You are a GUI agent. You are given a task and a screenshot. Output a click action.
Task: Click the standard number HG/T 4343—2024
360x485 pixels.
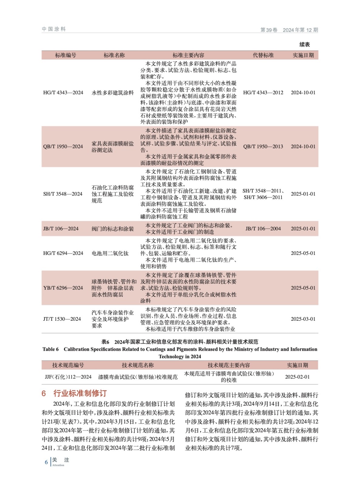63,92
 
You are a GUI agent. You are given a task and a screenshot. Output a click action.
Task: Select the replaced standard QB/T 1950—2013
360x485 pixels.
263,146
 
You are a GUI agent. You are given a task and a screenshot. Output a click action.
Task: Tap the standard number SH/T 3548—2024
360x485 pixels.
63,194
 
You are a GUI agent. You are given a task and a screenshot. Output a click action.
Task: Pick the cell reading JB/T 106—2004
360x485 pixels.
263,229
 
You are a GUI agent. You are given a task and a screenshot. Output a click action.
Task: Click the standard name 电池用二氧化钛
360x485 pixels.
110,253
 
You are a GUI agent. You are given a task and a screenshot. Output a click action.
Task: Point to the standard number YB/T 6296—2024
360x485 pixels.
63,288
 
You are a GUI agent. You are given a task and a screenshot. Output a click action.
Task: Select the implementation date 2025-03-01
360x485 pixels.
303,319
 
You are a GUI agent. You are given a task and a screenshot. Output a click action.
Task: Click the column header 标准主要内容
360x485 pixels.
188,55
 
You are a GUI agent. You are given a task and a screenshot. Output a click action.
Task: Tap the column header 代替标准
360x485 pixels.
263,55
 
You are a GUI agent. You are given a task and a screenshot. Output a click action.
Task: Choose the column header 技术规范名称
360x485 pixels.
138,365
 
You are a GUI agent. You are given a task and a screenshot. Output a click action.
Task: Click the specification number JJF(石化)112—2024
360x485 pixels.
68,377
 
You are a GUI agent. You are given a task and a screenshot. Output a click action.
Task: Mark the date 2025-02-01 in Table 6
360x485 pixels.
297,377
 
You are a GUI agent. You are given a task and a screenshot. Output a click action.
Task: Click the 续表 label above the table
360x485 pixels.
304,45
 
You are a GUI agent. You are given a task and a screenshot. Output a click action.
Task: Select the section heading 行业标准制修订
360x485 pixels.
80,393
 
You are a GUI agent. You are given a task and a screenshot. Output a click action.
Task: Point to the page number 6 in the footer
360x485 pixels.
46,462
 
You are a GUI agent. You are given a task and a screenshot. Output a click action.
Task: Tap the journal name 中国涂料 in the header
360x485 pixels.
54,29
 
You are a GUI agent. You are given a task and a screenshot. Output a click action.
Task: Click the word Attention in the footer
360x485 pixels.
58,465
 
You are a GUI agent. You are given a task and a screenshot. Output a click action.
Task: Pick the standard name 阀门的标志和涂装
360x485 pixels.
113,229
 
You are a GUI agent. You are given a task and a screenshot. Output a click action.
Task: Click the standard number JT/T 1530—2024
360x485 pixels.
62,319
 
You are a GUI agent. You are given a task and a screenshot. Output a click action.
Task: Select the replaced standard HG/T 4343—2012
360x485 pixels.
263,92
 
